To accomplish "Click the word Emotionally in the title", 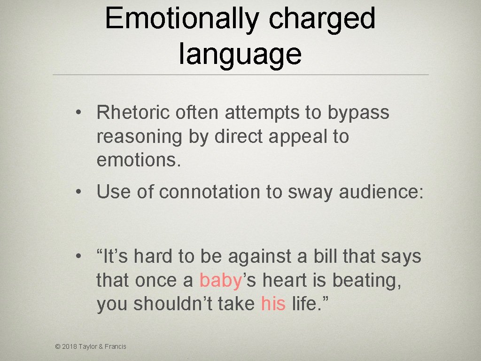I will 181,19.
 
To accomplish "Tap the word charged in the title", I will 322,19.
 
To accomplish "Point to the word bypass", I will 358,113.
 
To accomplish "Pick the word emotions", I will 139,160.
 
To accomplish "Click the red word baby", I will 220,281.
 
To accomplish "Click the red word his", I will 273,304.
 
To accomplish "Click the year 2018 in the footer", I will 70,347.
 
